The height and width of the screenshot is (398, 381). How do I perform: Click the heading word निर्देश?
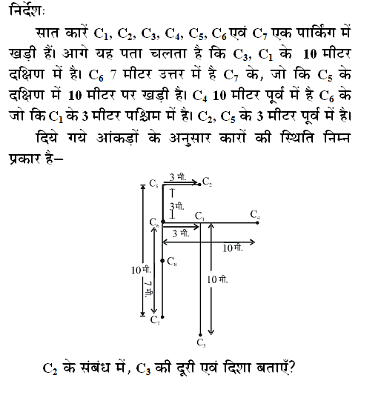coord(24,13)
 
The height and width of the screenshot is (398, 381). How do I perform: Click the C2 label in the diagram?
coord(207,182)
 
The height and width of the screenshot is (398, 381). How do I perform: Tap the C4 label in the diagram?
coord(255,215)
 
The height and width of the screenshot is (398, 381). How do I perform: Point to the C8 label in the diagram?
coord(172,261)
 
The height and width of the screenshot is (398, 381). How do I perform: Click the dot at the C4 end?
coord(255,222)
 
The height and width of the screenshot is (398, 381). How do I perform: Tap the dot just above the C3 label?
coord(201,334)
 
